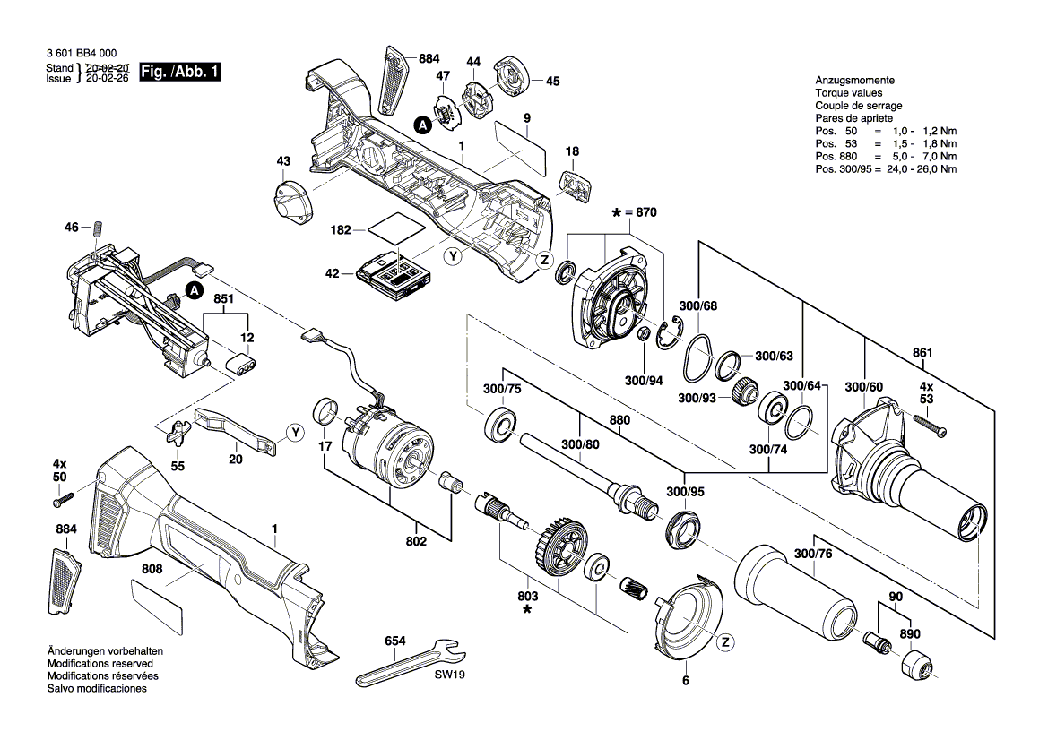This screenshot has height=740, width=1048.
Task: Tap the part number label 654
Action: tap(394, 641)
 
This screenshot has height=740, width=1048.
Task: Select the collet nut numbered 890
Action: tap(916, 666)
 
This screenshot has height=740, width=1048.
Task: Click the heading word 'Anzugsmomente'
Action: tap(854, 81)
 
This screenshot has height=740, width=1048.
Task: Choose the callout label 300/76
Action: tap(813, 555)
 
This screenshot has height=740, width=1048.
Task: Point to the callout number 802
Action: tap(416, 541)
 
